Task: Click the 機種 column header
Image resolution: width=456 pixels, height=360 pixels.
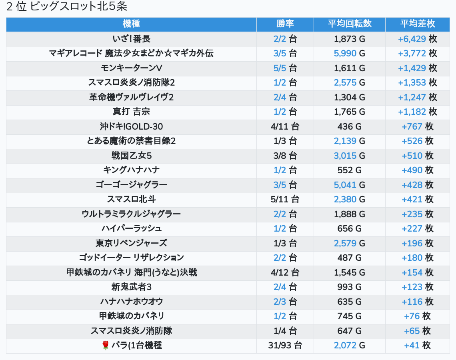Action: tap(131, 24)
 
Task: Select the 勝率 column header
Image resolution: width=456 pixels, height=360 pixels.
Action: tap(285, 24)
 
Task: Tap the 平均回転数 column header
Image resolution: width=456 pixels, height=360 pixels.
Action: tap(350, 24)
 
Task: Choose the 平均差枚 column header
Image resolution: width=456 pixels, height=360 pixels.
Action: tap(417, 24)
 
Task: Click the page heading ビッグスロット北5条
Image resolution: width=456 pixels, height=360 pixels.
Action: tap(78, 6)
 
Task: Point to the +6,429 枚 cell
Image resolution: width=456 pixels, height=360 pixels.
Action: tap(417, 39)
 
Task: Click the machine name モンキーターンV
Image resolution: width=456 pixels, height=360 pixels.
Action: tap(131, 68)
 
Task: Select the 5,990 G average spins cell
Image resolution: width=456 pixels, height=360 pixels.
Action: tap(350, 54)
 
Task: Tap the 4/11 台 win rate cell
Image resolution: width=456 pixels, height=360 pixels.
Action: tap(285, 126)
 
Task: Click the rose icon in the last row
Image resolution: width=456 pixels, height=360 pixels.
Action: tap(106, 346)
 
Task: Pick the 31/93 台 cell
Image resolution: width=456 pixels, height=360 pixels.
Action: tap(285, 346)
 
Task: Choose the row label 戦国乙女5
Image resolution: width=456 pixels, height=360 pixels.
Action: tap(131, 156)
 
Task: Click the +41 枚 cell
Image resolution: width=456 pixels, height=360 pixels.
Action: tap(417, 346)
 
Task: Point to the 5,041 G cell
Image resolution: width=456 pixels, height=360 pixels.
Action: tap(350, 185)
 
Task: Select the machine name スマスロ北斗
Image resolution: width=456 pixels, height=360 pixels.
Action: tap(131, 200)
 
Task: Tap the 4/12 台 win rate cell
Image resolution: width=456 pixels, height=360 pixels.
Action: tap(285, 272)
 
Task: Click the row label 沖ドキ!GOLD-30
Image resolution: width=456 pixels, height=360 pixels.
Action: tap(131, 126)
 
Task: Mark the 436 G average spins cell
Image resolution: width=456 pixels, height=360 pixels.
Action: tap(350, 126)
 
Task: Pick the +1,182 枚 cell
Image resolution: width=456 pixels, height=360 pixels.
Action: tap(417, 112)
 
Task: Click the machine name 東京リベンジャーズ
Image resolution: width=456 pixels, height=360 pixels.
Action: tap(131, 243)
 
